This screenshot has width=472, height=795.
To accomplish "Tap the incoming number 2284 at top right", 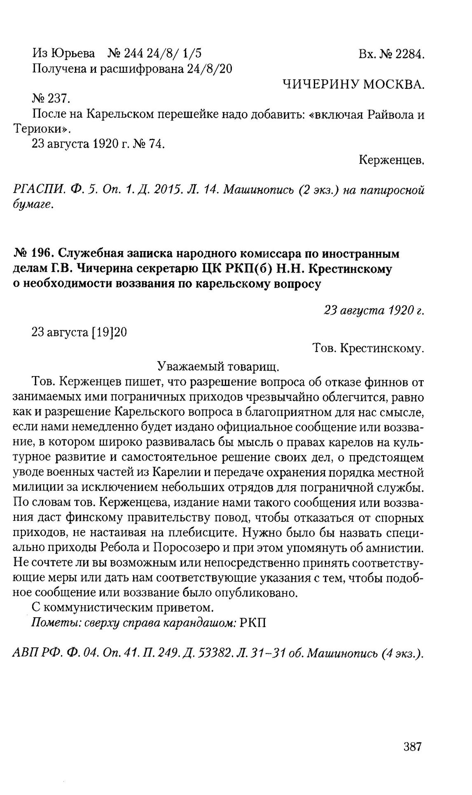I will pyautogui.click(x=409, y=54).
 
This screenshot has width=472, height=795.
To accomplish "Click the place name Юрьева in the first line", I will pyautogui.click(x=75, y=53).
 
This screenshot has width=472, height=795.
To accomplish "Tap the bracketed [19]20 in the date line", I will pyautogui.click(x=108, y=332).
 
